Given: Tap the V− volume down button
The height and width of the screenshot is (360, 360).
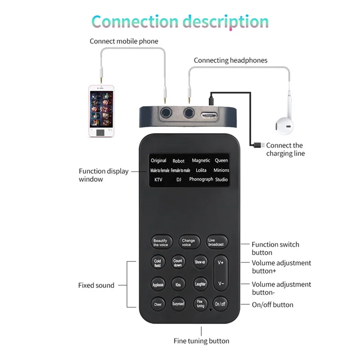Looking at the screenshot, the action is pyautogui.click(x=221, y=283).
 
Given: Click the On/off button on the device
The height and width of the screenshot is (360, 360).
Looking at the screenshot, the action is pyautogui.click(x=220, y=304).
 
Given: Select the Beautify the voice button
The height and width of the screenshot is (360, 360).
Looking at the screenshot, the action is pyautogui.click(x=161, y=242).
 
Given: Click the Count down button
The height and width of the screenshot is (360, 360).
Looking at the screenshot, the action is pyautogui.click(x=178, y=263).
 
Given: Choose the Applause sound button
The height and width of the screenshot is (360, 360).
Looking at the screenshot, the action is pyautogui.click(x=157, y=284).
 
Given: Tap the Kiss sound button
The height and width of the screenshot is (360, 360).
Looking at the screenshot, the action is pyautogui.click(x=178, y=284).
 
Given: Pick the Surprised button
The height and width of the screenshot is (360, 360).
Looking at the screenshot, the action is pyautogui.click(x=178, y=304).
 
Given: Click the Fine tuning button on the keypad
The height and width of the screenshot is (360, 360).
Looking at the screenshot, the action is pyautogui.click(x=200, y=304).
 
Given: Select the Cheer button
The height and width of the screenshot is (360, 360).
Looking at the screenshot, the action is pyautogui.click(x=157, y=304).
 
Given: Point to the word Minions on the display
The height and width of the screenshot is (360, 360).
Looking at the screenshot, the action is pyautogui.click(x=221, y=170).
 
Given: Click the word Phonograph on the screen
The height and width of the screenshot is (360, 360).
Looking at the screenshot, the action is pyautogui.click(x=201, y=179).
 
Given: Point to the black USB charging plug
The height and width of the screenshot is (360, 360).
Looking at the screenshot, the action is pyautogui.click(x=258, y=145).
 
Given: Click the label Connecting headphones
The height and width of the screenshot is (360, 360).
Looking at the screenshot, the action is pyautogui.click(x=230, y=60).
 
